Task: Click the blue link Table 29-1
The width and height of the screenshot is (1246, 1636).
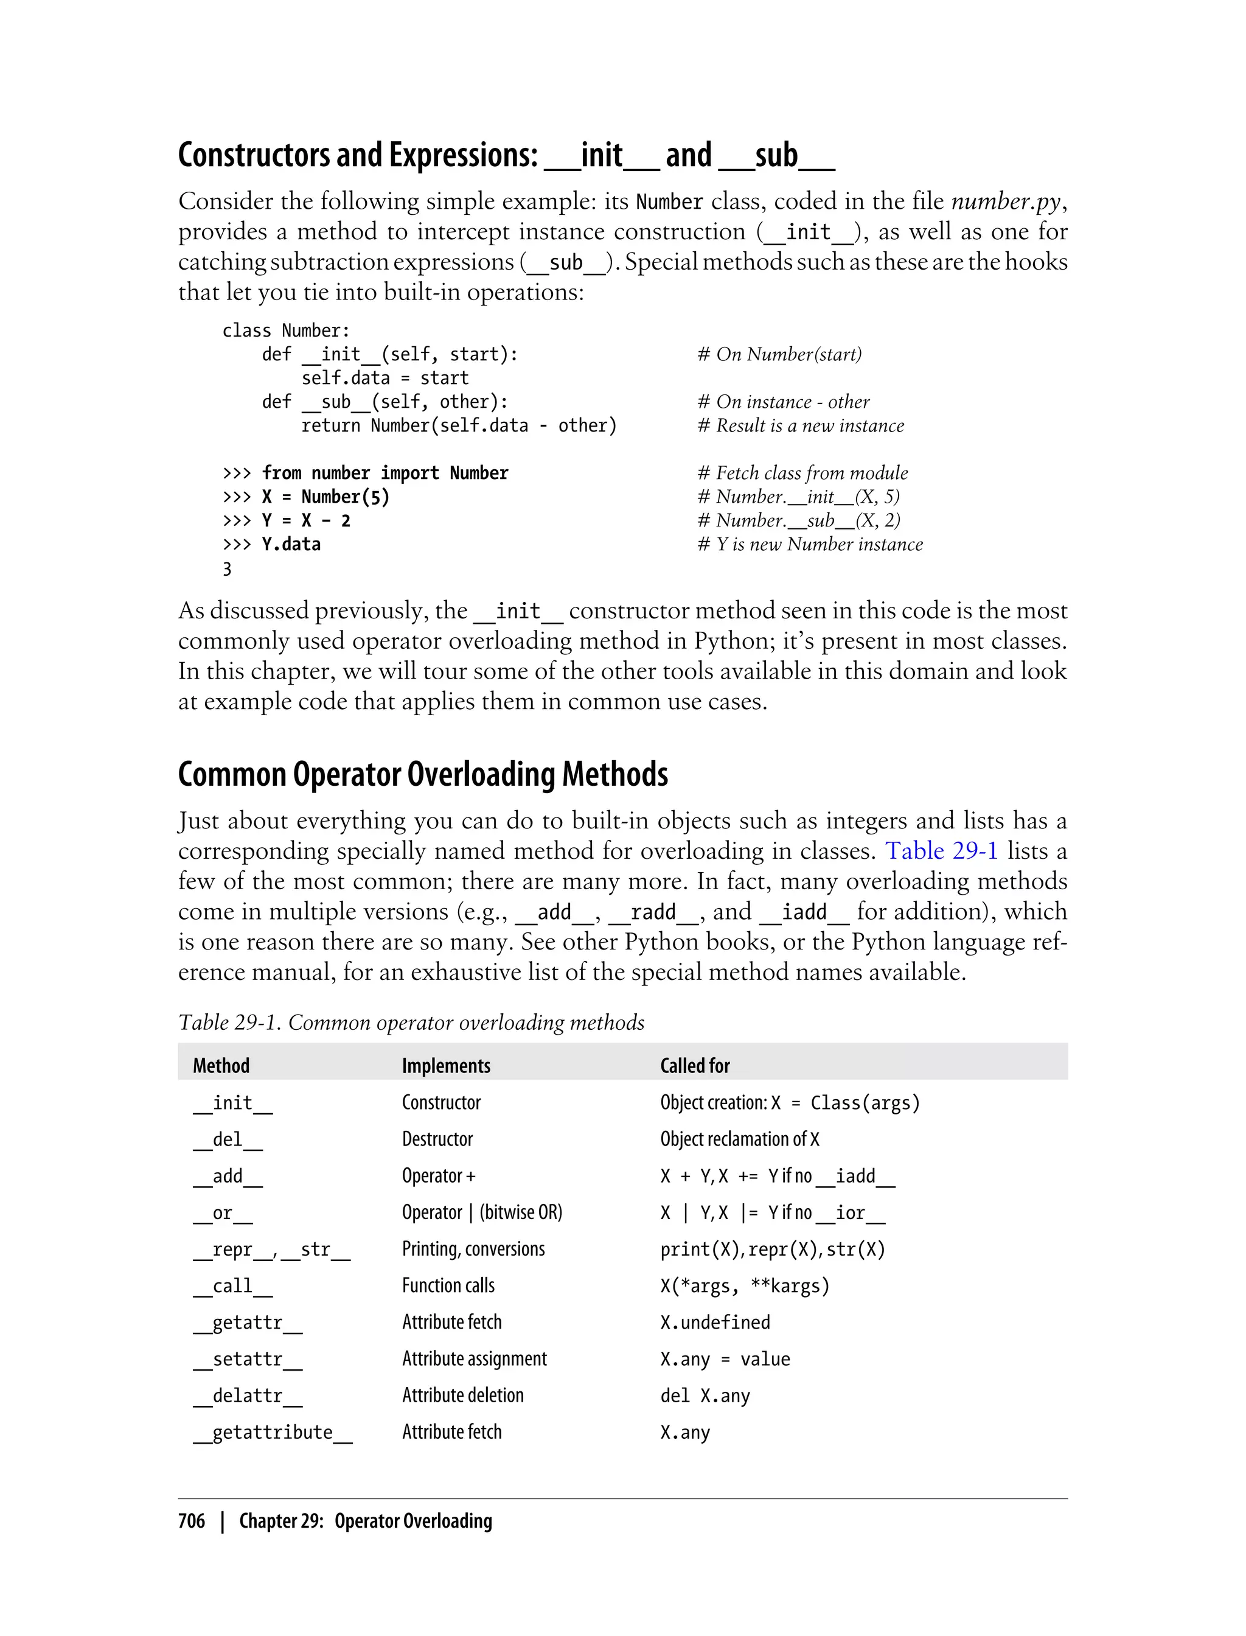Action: (942, 850)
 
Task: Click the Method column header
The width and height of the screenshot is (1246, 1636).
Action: (221, 1066)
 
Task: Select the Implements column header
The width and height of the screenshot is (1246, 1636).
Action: (446, 1066)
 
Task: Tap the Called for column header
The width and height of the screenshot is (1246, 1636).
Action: (695, 1066)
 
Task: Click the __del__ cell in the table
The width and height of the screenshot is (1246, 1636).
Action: (228, 1139)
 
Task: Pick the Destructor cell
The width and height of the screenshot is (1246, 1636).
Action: (437, 1139)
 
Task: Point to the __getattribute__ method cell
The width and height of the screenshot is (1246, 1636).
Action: (272, 1433)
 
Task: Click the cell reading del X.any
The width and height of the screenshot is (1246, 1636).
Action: (705, 1396)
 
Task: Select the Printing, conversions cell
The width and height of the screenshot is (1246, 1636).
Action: (473, 1250)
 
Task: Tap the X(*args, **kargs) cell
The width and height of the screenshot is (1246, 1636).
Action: (745, 1286)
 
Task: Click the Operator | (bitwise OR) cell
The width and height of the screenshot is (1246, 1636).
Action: (482, 1212)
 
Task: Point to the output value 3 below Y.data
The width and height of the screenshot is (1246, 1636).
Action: (227, 569)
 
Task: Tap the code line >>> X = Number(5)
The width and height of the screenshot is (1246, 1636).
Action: (305, 497)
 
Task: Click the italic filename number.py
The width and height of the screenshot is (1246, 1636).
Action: (1006, 201)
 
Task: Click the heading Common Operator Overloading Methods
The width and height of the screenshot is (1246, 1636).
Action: (423, 775)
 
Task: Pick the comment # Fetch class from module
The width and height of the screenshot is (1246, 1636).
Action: (802, 474)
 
